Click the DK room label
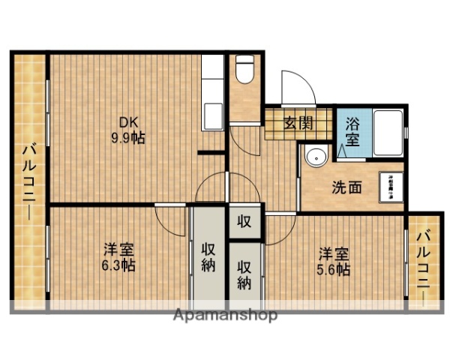pyautogui.click(x=130, y=123)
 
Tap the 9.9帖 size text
pyautogui.click(x=130, y=138)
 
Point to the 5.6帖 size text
pyautogui.click(x=333, y=271)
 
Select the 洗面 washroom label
pyautogui.click(x=346, y=187)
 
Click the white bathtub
pyautogui.click(x=387, y=133)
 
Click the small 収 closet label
pyautogui.click(x=244, y=221)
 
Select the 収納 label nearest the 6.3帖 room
pyautogui.click(x=208, y=257)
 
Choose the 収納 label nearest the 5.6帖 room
pyautogui.click(x=245, y=274)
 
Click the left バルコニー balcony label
pyautogui.click(x=28, y=181)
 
